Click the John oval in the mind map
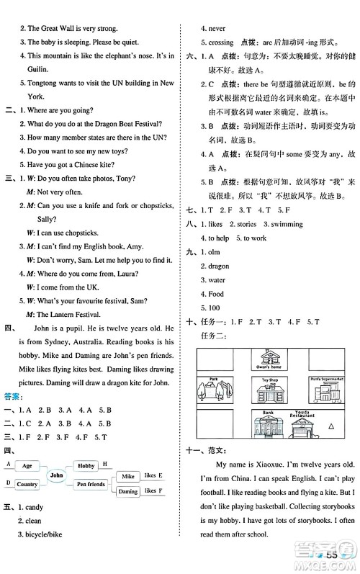click(58, 476)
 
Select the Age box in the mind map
click(27, 466)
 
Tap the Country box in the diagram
click(27, 484)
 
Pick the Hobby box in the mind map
click(86, 466)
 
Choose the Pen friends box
click(90, 484)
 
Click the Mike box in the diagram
click(127, 477)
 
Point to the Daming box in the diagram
click(127, 491)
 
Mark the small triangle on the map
click(332, 427)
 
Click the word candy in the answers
click(33, 506)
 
